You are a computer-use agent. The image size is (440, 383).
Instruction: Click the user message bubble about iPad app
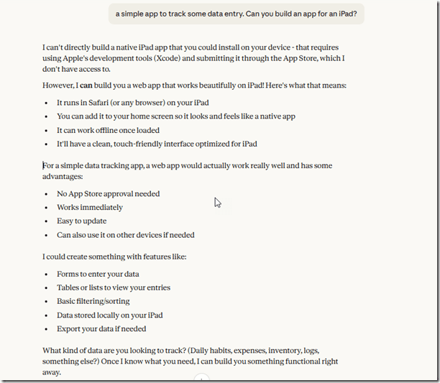(x=237, y=13)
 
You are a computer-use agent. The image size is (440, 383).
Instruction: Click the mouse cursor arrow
(x=217, y=203)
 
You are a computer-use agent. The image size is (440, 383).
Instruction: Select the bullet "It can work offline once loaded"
(x=108, y=130)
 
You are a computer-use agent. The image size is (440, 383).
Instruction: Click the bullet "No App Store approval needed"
(x=108, y=193)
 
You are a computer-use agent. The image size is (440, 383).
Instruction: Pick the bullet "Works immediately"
(x=90, y=207)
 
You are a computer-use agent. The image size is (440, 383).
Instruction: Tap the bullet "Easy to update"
(x=81, y=221)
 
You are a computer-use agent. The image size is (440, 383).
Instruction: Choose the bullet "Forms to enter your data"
(x=98, y=274)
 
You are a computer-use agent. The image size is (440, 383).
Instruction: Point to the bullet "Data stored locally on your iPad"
(x=109, y=315)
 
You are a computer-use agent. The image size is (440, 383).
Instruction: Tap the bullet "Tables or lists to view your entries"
(x=114, y=287)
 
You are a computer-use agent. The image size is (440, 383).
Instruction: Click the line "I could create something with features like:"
(x=114, y=256)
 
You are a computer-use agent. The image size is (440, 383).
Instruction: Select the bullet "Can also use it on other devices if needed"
(x=125, y=234)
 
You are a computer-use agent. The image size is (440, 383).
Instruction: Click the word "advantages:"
(x=63, y=177)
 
